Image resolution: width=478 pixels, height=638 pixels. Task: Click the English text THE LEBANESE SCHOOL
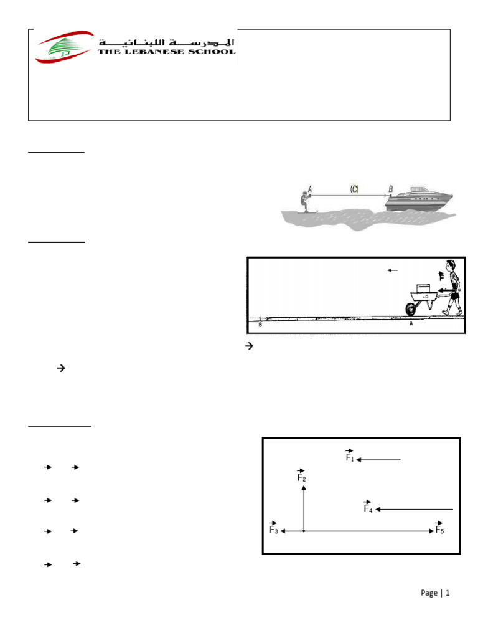coord(167,52)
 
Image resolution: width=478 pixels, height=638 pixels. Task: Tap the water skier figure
coord(302,201)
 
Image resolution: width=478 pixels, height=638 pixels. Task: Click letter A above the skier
coord(309,185)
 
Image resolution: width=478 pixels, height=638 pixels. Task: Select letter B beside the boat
coord(391,188)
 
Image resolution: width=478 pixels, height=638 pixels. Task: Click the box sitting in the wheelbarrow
coord(423,287)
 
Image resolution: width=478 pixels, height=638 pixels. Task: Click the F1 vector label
coord(350,457)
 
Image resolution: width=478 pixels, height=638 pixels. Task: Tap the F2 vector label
coord(301,477)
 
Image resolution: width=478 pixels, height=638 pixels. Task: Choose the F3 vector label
coord(273,528)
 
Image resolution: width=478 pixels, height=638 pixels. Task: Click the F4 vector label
coord(368,507)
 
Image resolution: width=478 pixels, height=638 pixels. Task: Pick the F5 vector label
coord(439,528)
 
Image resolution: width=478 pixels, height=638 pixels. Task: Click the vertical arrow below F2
coord(304,508)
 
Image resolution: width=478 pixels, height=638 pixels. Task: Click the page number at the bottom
coord(434,593)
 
